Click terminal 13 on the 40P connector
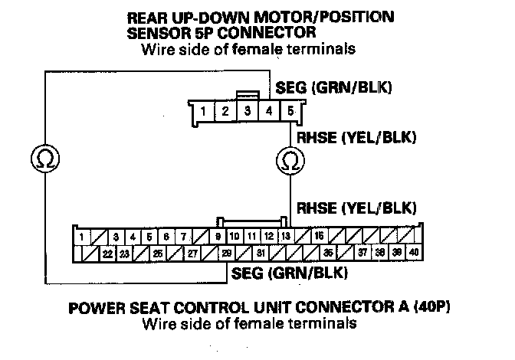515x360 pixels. (x=285, y=237)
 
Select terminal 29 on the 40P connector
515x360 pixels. (x=227, y=253)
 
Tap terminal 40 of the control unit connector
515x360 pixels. (x=415, y=253)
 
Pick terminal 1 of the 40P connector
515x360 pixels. (x=80, y=237)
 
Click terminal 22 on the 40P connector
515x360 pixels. (x=108, y=253)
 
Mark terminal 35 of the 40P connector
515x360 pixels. (x=328, y=253)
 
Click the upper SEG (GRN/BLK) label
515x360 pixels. (x=345, y=88)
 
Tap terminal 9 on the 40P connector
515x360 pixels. (x=218, y=237)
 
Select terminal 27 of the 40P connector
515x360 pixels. (x=192, y=253)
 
